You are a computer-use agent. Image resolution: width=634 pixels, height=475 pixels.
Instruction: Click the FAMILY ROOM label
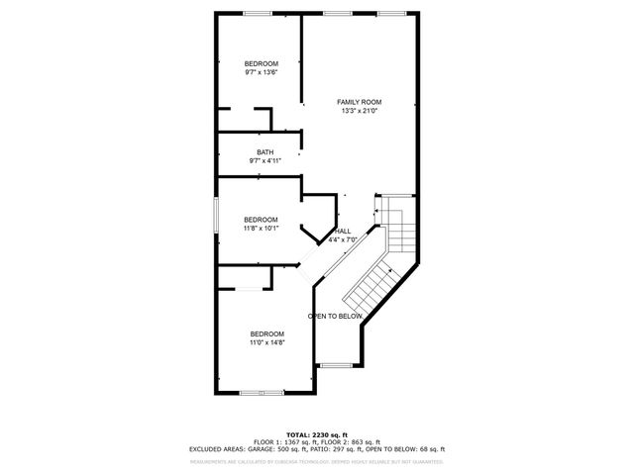coord(359,102)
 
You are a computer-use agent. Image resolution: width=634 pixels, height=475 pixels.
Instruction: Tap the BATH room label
coord(264,152)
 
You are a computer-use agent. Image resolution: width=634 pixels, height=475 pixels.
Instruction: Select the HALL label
coord(342,231)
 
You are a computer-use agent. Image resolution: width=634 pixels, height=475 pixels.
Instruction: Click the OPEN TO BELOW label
coord(334,316)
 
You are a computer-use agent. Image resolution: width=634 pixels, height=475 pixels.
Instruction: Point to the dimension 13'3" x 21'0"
coord(359,111)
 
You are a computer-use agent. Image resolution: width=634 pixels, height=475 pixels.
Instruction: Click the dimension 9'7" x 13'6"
coord(262,71)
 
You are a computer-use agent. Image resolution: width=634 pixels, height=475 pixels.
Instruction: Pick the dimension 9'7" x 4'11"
coord(264,161)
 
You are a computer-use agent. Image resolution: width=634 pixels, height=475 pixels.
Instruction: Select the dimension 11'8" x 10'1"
coord(262,229)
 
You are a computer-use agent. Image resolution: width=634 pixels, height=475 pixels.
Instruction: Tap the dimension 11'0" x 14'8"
coord(266,342)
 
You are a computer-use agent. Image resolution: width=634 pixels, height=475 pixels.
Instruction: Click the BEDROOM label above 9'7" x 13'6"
coord(262,63)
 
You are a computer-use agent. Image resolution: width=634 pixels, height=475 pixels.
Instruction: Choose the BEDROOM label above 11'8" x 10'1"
coord(262,220)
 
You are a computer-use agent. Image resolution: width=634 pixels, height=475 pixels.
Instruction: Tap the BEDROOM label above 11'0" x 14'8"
coord(266,333)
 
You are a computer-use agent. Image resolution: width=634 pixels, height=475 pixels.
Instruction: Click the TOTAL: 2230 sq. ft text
coord(316,434)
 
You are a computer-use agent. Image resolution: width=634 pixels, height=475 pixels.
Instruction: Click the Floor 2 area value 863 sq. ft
coord(364,441)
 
